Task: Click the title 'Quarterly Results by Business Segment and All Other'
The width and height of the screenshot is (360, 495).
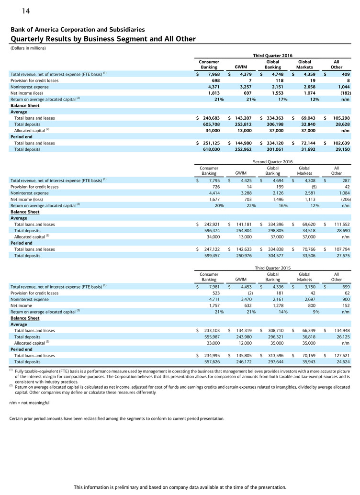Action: [x=103, y=39]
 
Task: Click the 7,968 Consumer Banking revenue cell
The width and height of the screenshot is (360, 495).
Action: [x=211, y=74]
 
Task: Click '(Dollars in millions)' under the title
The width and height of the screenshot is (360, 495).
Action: [x=29, y=48]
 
